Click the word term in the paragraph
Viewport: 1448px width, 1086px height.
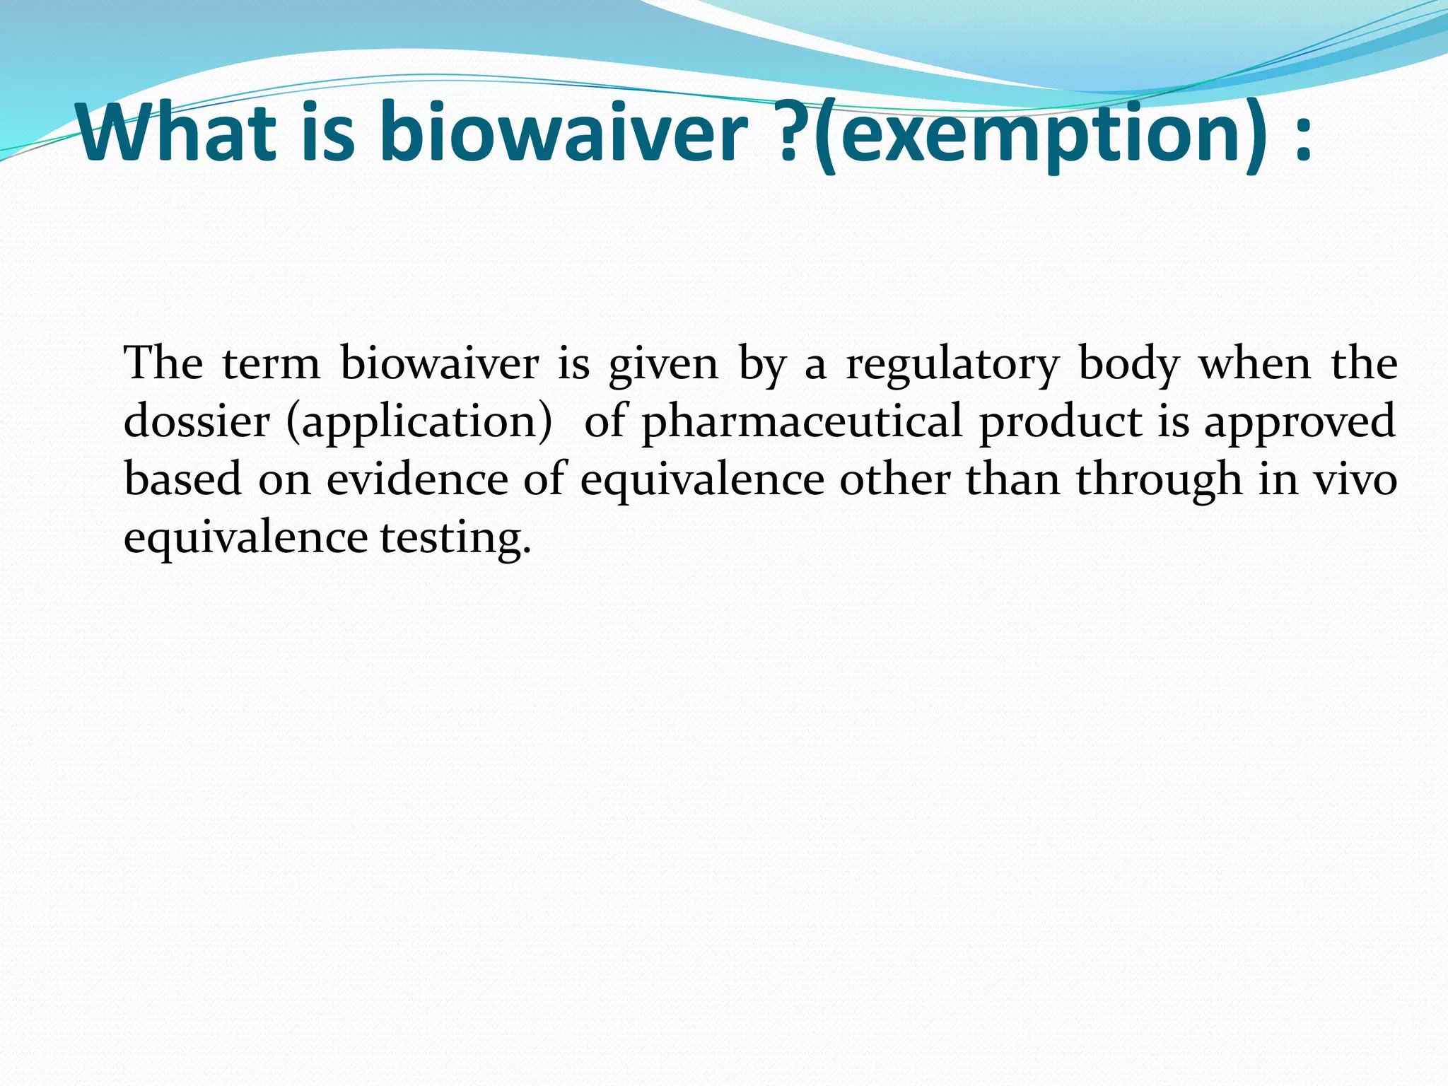(271, 364)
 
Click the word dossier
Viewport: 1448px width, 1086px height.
(197, 421)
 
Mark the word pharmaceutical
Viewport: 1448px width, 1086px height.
(801, 423)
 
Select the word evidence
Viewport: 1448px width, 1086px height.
(417, 479)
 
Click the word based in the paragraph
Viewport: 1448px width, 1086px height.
(183, 479)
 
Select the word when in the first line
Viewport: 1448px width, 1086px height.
(1255, 364)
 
